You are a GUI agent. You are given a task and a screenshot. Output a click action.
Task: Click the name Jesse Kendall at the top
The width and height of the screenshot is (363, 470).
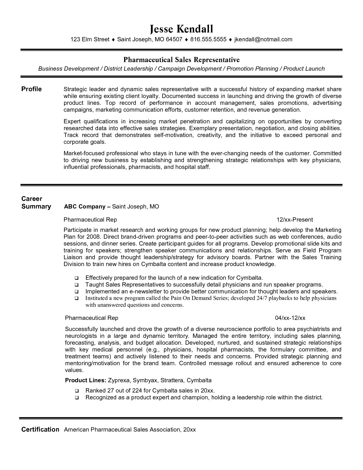[x=181, y=29]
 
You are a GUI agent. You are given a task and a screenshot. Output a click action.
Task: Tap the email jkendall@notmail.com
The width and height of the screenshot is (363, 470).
[x=263, y=40]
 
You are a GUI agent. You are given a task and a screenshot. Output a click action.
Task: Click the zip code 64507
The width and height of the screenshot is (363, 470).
[x=174, y=40]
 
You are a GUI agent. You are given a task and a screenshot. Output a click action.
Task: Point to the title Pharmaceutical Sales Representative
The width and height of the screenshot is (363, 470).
[x=181, y=60]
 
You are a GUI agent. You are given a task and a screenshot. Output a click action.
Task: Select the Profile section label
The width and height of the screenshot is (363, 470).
[x=32, y=89]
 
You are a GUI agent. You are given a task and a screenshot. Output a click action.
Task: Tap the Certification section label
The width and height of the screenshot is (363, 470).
[x=40, y=430]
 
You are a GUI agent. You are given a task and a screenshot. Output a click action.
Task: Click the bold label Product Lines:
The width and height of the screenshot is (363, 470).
[x=86, y=380]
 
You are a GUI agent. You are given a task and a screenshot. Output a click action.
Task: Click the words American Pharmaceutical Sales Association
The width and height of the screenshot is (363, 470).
[x=122, y=430]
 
